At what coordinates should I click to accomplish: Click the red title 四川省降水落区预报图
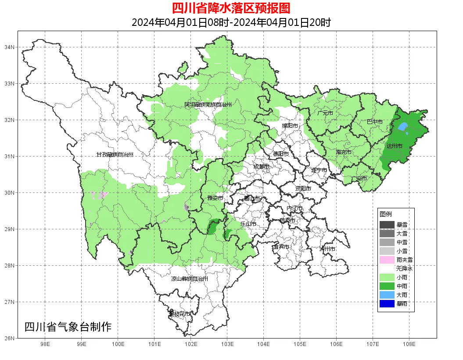(x=231, y=8)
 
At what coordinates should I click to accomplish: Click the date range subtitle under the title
(x=231, y=22)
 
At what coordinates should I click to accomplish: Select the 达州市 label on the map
(x=394, y=146)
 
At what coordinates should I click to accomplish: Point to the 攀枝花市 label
(x=180, y=314)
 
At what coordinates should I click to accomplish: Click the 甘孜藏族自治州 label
(x=115, y=155)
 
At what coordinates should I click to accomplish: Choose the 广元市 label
(x=325, y=113)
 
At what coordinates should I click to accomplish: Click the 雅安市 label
(x=215, y=198)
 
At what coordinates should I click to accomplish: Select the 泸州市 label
(x=327, y=249)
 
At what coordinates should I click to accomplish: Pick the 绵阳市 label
(x=290, y=126)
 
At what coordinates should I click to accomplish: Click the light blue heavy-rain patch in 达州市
(x=402, y=127)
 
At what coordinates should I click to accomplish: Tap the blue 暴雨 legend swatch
(x=387, y=303)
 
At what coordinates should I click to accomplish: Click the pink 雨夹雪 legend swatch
(x=387, y=260)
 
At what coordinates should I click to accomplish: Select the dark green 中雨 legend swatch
(x=387, y=286)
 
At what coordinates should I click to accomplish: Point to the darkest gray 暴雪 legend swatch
(x=387, y=225)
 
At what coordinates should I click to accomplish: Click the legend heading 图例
(x=386, y=214)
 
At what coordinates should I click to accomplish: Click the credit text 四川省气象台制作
(x=68, y=327)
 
